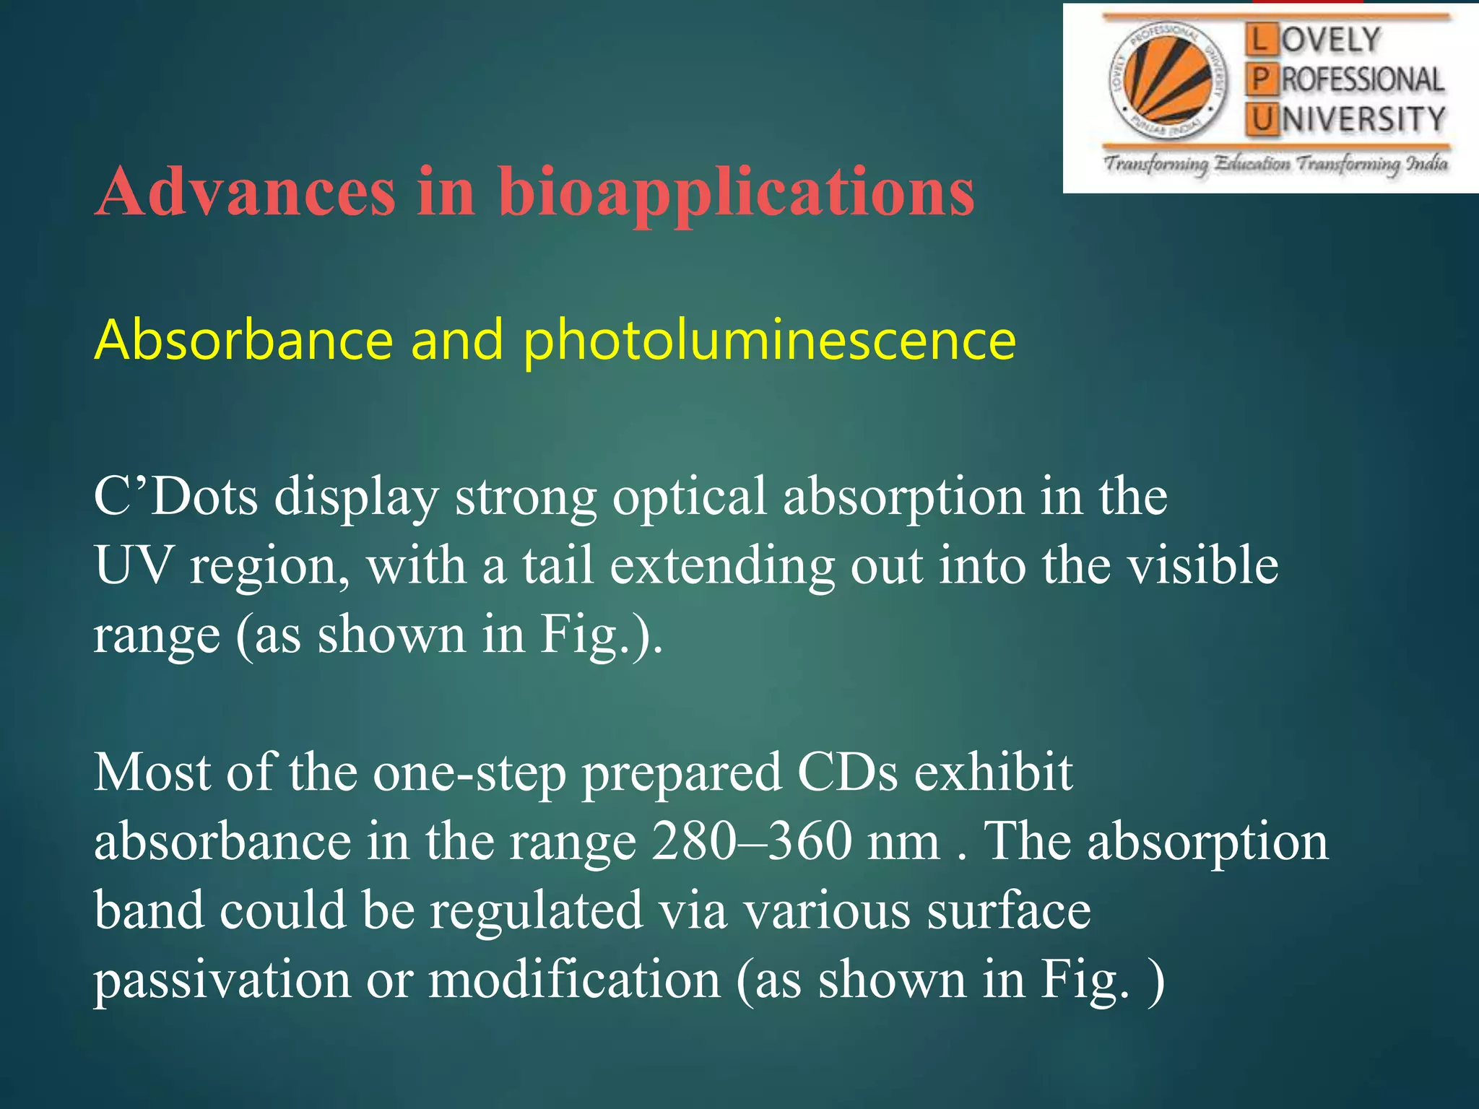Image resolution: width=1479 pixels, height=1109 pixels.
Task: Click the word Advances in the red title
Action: point(246,192)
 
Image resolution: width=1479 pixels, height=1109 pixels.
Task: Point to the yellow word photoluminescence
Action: point(769,341)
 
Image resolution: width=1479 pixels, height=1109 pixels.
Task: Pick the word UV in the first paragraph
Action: point(134,565)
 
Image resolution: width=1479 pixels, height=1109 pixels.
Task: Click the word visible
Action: point(1202,565)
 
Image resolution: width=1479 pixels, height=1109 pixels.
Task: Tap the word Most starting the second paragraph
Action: point(152,773)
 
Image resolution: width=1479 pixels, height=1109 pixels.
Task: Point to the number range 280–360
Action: point(751,842)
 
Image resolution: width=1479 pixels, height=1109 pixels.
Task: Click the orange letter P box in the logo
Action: point(1260,79)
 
